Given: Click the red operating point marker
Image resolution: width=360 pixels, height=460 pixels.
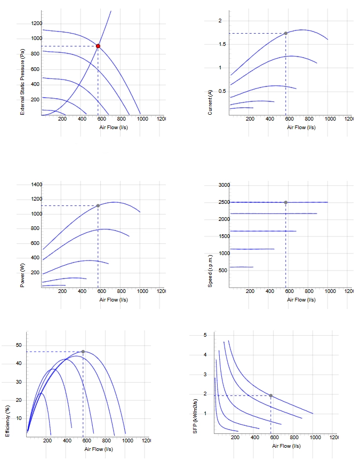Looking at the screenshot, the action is point(98,46).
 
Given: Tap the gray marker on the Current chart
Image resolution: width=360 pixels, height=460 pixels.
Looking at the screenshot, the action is point(285,33).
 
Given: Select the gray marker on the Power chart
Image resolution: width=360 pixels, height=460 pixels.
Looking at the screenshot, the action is point(98,205).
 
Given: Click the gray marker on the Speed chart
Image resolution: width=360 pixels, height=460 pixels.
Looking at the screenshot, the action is point(285,202).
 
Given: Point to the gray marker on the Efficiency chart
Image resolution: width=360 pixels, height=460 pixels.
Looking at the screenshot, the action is point(83,352).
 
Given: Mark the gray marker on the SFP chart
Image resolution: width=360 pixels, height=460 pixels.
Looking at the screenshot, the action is point(270,395).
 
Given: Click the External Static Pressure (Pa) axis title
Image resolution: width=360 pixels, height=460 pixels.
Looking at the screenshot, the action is point(22,82).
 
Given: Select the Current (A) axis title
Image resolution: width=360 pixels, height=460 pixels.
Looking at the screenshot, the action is point(210,102).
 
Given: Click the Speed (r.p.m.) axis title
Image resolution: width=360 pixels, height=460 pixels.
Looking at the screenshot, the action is point(210,271).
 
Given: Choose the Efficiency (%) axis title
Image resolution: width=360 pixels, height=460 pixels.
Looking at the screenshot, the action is point(7,421).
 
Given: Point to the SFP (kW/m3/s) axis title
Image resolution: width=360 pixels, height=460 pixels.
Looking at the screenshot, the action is point(195,416).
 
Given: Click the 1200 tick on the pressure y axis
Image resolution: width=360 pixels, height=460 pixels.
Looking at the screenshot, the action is point(37,23).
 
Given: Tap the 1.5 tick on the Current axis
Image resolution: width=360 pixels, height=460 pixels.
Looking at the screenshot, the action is point(222,44).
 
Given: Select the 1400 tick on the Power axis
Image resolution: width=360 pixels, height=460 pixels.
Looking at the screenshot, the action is point(37,185).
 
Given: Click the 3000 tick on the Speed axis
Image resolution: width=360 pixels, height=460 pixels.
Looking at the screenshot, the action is point(225,185).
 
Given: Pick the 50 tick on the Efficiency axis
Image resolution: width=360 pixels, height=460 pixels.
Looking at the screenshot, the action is point(19,345).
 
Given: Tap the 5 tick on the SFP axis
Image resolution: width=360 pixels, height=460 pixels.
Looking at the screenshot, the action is point(205,335).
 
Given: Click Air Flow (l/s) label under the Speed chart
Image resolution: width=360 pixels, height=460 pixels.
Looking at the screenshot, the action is point(301,299).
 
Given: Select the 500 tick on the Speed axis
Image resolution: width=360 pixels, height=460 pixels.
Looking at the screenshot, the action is point(223,270).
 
